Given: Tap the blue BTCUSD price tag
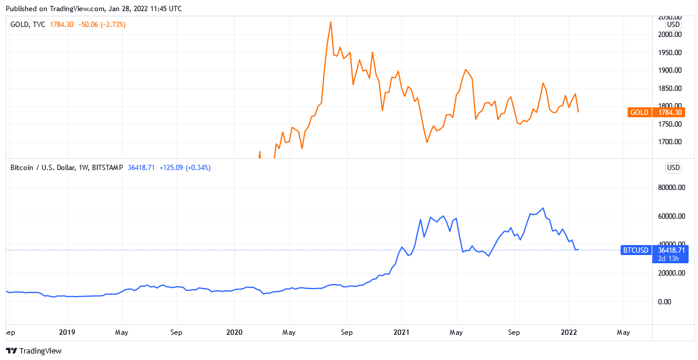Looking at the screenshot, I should [x=654, y=250].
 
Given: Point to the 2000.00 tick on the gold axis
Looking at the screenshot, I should [x=669, y=35].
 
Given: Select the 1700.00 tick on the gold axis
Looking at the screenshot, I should [x=669, y=142].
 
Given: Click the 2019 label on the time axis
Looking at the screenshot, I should [x=67, y=332].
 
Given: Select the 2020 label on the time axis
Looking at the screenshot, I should [x=234, y=332].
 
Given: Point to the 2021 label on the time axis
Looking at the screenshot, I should [x=402, y=332].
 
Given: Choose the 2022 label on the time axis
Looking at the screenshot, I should [x=570, y=332].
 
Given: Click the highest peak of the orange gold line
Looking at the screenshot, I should [x=331, y=22].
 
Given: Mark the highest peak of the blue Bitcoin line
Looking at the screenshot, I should [x=544, y=208].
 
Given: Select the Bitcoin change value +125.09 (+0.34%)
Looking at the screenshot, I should [x=185, y=168].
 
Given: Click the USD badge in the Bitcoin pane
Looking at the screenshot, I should [x=673, y=168].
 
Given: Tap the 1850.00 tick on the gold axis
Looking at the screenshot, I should [x=669, y=89].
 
